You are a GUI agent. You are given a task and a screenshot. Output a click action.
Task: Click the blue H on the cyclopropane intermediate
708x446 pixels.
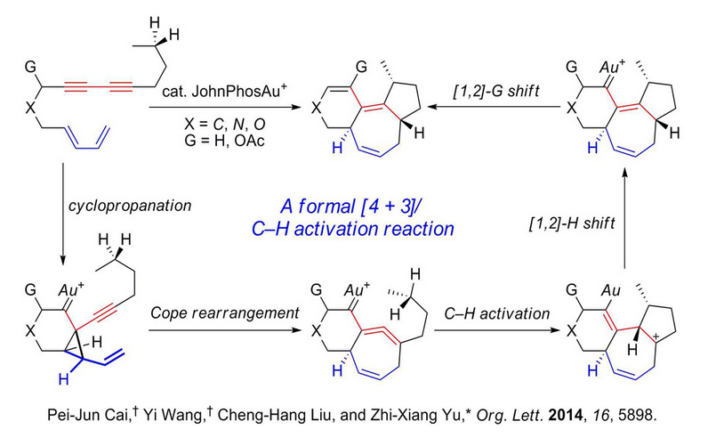65,378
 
